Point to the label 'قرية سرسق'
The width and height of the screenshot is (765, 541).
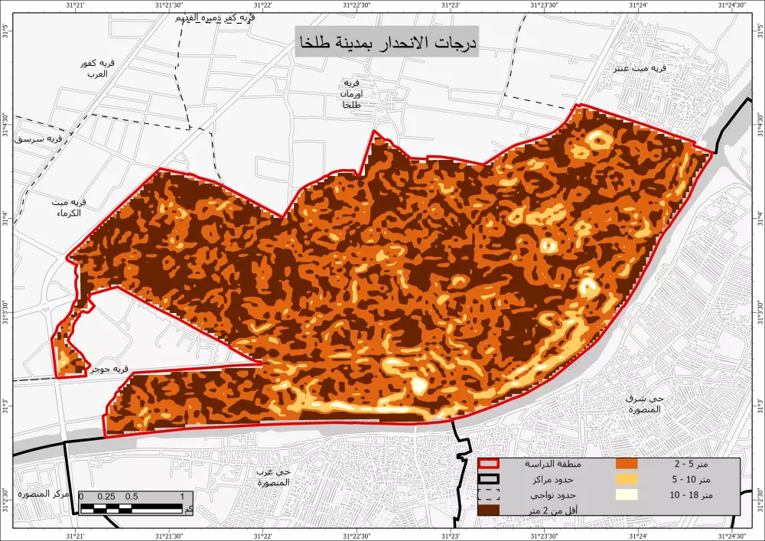coord(43,139)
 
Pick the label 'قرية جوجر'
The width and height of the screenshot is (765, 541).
coord(107,369)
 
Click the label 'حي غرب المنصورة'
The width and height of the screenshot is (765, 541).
coord(273,477)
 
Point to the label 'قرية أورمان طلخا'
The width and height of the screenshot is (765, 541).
coord(351,93)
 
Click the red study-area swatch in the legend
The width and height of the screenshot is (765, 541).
coord(488,464)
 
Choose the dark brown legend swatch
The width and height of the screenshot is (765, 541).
coord(488,510)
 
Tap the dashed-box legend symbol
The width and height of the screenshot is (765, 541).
coord(488,494)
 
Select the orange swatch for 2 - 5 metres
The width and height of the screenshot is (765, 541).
coord(626,464)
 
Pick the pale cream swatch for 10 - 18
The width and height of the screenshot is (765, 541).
coord(626,494)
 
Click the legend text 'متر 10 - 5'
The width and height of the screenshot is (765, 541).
coord(692,480)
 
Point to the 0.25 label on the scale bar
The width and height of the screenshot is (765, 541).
coord(106,497)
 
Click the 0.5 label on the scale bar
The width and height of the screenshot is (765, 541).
coord(132,497)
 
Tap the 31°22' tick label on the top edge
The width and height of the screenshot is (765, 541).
coord(262,5)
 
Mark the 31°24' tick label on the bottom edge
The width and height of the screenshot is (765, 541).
coord(640,535)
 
